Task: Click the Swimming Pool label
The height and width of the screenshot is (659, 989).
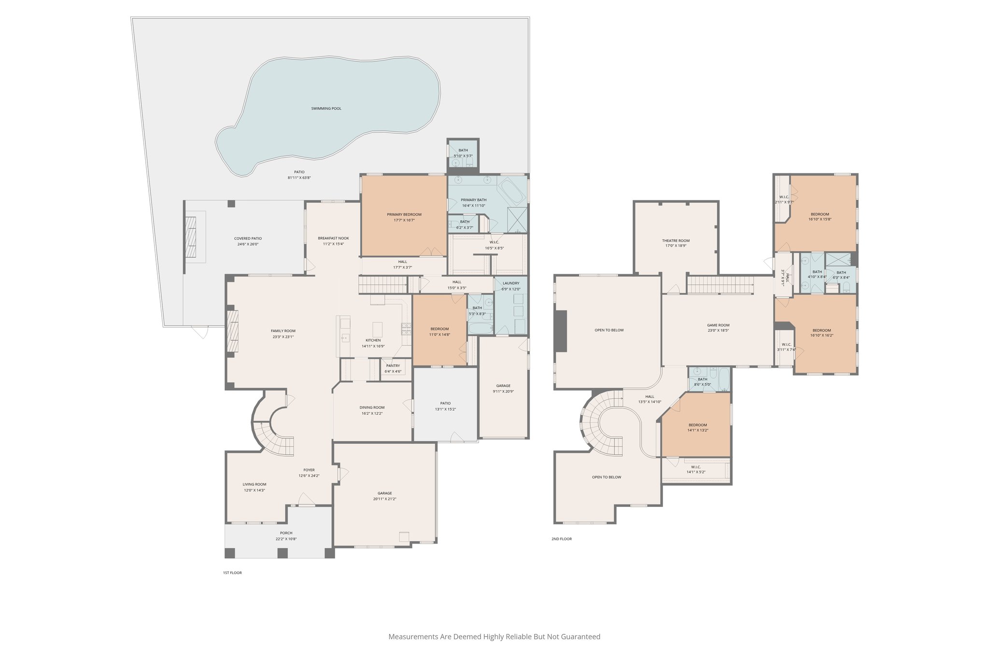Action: pyautogui.click(x=326, y=109)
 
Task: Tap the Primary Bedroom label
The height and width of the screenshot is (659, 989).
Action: pyautogui.click(x=404, y=214)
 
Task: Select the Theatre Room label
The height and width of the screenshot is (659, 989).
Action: pyautogui.click(x=676, y=240)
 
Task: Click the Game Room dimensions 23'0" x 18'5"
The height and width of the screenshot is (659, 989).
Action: pyautogui.click(x=718, y=331)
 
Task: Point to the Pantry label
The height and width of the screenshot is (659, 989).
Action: pyautogui.click(x=393, y=365)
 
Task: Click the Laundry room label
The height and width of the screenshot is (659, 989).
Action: pyautogui.click(x=511, y=283)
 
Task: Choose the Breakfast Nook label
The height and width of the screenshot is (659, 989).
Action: pyautogui.click(x=333, y=238)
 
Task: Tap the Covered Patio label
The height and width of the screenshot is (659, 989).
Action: pyautogui.click(x=248, y=238)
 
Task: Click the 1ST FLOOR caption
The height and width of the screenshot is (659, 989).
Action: pyautogui.click(x=232, y=573)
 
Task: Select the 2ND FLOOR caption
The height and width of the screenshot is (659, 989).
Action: pyautogui.click(x=562, y=539)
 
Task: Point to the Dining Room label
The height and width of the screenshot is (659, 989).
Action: pyautogui.click(x=372, y=407)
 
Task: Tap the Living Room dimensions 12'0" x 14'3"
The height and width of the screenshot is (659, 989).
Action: pyautogui.click(x=254, y=490)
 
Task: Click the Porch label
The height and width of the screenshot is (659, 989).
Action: pyautogui.click(x=286, y=533)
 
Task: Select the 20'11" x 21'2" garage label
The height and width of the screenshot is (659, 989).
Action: pyautogui.click(x=385, y=499)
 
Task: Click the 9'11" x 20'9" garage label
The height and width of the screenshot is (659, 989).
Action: pyautogui.click(x=503, y=392)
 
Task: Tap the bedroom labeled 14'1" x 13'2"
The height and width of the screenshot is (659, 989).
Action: pyautogui.click(x=698, y=428)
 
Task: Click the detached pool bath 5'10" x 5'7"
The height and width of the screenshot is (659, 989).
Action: pyautogui.click(x=463, y=153)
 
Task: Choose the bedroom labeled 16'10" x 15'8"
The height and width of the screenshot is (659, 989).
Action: pyautogui.click(x=819, y=216)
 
